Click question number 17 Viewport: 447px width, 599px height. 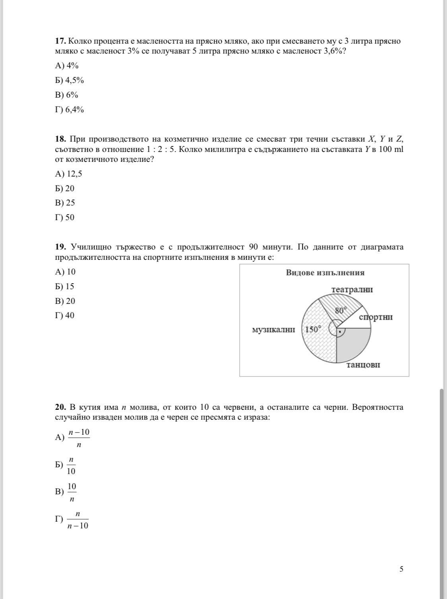[60, 41]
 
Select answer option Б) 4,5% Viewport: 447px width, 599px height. [70, 80]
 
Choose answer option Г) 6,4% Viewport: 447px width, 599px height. [70, 109]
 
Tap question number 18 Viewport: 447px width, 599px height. [60, 139]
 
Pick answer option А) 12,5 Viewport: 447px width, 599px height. [69, 174]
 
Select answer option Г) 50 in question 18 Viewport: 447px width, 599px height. [65, 217]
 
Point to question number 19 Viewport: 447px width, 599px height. [60, 247]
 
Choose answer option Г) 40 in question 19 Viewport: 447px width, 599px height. [65, 315]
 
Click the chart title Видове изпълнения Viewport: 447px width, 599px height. [325, 273]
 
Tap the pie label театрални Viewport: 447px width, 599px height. [352, 290]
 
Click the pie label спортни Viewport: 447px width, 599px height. [376, 317]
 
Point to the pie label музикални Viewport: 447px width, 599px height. [274, 330]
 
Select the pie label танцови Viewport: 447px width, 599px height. [363, 365]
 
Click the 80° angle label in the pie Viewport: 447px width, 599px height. [341, 310]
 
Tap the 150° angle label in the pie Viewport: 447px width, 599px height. [313, 329]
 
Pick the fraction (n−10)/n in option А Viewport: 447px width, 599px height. [79, 438]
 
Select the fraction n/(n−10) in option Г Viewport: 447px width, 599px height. [78, 520]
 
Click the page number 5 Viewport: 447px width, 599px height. [401, 569]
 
